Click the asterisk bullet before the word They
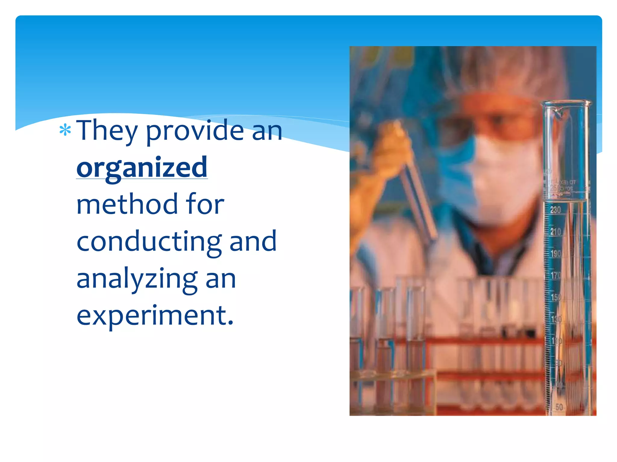pos(65,130)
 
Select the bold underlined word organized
pos(142,168)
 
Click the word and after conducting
pos(253,241)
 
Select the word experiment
pos(151,316)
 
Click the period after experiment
pos(230,323)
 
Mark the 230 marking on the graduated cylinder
pos(555,210)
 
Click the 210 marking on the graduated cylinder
pos(556,232)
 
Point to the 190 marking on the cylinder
pos(556,254)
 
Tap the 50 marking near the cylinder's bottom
pos(559,407)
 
